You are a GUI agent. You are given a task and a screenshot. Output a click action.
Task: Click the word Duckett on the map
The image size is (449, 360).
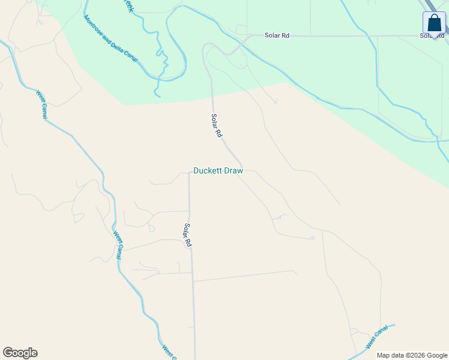click(x=207, y=171)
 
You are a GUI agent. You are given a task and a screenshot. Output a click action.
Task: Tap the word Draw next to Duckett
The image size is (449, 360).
click(x=233, y=171)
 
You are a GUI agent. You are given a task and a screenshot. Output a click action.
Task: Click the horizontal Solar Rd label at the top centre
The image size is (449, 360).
click(x=277, y=36)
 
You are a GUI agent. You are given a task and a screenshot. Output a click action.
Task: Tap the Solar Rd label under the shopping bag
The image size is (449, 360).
click(x=432, y=36)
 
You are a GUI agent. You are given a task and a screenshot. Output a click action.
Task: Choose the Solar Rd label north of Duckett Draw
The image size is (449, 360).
click(x=216, y=125)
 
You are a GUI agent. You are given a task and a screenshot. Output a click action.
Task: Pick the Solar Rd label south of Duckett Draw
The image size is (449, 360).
click(x=187, y=235)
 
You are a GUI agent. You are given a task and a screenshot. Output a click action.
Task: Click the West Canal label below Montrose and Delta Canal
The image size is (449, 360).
click(x=41, y=104)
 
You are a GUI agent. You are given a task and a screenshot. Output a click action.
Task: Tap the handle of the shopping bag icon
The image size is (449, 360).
click(x=434, y=17)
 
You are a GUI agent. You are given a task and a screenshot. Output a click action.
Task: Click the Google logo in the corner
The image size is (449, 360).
click(x=20, y=353)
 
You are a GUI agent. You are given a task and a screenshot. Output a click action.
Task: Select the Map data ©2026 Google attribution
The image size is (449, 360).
click(x=411, y=355)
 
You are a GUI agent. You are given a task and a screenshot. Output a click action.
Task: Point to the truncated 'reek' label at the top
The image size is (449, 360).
click(x=127, y=5)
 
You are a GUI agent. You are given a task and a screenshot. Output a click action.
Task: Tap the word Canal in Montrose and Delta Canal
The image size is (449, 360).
click(x=133, y=56)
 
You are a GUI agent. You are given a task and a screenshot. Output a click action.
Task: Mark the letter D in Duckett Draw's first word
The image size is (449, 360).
click(x=196, y=171)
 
